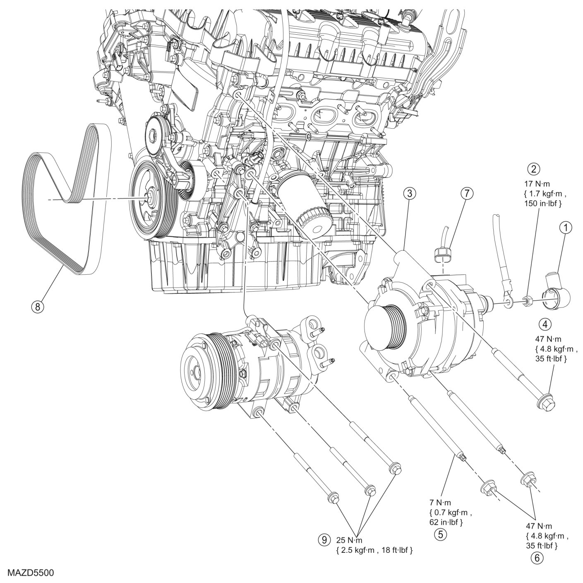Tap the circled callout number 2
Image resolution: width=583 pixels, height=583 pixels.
(534, 169)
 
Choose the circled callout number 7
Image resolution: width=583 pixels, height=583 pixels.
(466, 193)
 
